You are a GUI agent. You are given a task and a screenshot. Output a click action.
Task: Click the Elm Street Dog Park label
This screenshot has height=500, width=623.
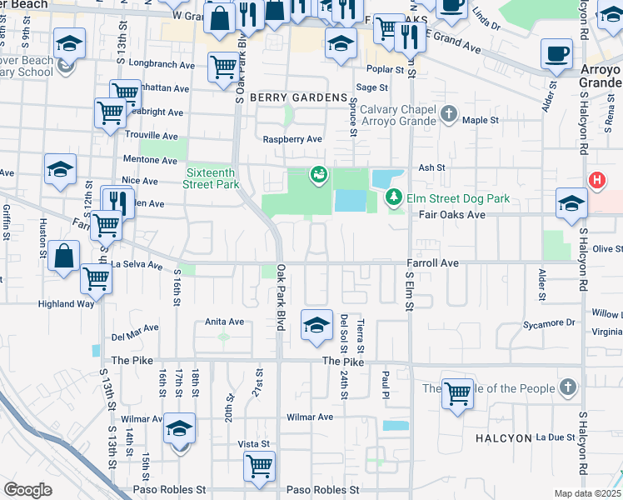coord(457,198)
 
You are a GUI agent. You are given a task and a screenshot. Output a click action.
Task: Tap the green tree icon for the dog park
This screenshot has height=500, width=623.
coord(393,197)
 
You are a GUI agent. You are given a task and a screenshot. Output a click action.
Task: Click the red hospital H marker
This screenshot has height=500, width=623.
coord(596,180)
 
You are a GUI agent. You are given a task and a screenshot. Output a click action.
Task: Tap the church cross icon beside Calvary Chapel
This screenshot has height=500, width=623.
coord(449,113)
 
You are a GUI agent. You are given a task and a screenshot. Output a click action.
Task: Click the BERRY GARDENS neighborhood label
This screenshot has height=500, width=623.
coord(297,97)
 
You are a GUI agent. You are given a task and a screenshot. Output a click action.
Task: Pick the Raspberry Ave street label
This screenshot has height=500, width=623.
coord(292,139)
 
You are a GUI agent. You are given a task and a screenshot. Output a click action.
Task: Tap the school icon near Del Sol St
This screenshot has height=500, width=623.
coord(316,326)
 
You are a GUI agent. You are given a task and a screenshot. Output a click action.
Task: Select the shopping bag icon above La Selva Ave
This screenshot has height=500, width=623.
coord(64,256)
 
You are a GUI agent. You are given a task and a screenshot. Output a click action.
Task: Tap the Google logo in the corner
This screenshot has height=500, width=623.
coord(27,490)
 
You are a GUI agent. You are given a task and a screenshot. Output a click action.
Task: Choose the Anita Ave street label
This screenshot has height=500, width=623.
coord(224,322)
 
